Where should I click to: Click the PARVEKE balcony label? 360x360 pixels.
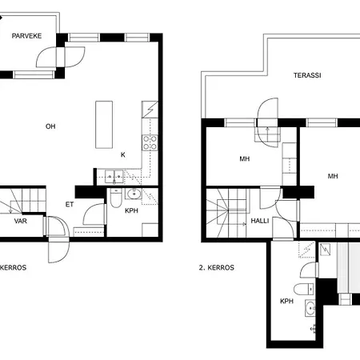point(26,36)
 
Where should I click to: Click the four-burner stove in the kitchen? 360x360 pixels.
point(149,143)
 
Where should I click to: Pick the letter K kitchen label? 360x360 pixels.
point(122,154)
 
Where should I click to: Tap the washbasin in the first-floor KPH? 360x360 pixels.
point(133,194)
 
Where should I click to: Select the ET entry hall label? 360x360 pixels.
point(70,205)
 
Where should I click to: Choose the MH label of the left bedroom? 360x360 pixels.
point(244,158)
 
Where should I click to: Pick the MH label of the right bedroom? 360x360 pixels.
point(332,176)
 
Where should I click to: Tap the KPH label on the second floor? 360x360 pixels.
point(286,302)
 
